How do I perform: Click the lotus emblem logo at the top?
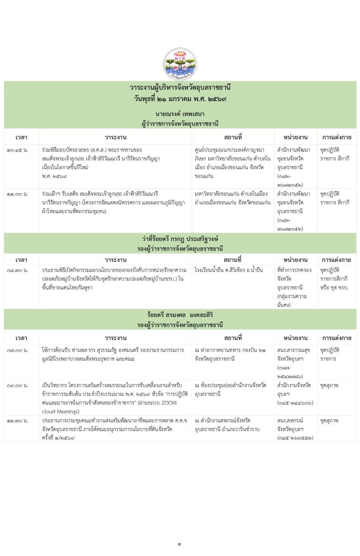[180, 64]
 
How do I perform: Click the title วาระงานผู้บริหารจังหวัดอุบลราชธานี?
[180, 88]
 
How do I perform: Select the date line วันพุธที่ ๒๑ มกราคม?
[180, 98]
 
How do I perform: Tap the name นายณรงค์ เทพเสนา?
[180, 114]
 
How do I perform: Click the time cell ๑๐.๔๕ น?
[18, 150]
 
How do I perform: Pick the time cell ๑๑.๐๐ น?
[18, 194]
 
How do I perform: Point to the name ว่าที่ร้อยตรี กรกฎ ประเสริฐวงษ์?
[180, 239]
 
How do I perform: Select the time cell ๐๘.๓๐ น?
[18, 270]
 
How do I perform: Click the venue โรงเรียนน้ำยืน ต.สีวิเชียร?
[228, 270]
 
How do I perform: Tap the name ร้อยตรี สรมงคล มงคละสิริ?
[180, 315]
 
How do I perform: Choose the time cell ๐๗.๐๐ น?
[18, 350]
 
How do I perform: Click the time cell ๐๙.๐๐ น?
[18, 386]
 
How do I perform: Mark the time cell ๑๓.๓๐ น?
[18, 420]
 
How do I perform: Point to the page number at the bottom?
[180, 544]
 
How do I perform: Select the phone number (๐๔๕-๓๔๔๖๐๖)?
[295, 403]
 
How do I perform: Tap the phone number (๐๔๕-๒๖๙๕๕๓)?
[295, 438]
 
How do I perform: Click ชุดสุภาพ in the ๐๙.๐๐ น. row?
[329, 386]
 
